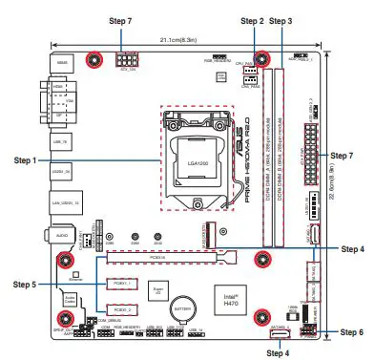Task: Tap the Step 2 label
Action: click(252, 20)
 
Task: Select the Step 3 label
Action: click(281, 20)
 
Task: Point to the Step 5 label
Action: click(25, 284)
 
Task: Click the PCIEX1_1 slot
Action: click(118, 284)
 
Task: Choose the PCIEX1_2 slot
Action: click(118, 310)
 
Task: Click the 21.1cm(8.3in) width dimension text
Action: click(179, 40)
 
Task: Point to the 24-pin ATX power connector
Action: click(312, 153)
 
